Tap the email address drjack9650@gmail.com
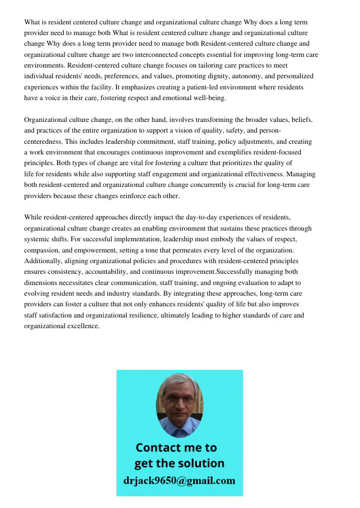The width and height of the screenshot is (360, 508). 179,480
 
